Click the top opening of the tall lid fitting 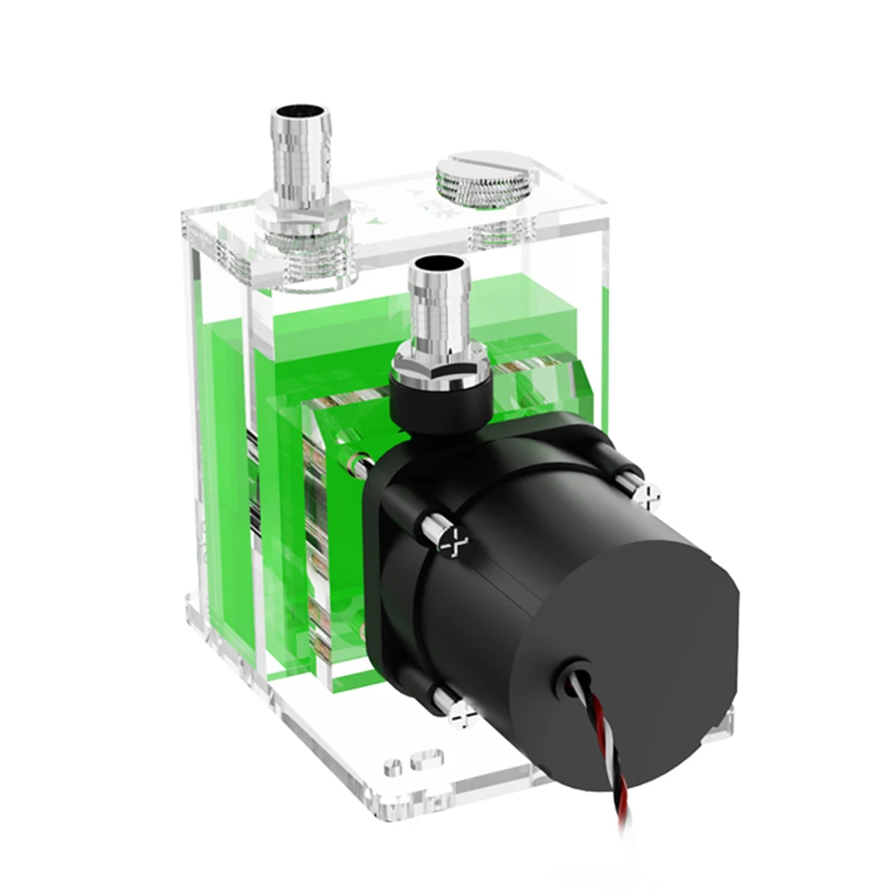click(x=300, y=114)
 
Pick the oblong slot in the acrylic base click(x=425, y=760)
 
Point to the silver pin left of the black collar click(x=357, y=464)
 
